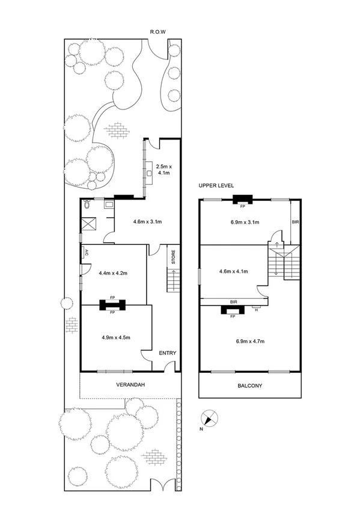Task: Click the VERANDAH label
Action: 129,384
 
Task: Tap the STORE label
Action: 173,257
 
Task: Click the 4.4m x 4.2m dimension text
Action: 112,272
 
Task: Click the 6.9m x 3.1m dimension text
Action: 245,222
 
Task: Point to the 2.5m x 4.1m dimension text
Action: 163,169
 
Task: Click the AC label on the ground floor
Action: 86,253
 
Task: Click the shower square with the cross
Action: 90,224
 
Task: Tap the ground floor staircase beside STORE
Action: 172,280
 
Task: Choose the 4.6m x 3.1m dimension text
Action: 147,222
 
